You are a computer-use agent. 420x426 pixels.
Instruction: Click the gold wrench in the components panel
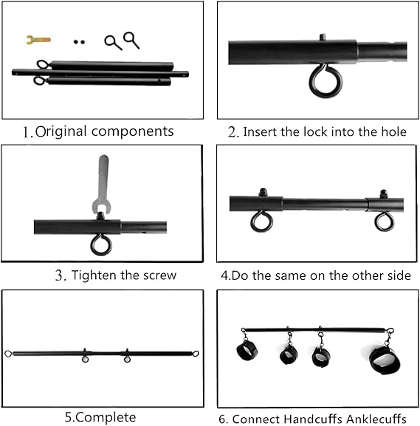point(37,39)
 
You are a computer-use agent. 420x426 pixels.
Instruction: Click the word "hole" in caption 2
point(391,132)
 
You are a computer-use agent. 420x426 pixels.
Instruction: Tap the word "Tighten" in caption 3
point(95,275)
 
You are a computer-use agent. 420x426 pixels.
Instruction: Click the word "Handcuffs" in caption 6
point(309,419)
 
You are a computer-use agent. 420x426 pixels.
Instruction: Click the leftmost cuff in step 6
point(247,351)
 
